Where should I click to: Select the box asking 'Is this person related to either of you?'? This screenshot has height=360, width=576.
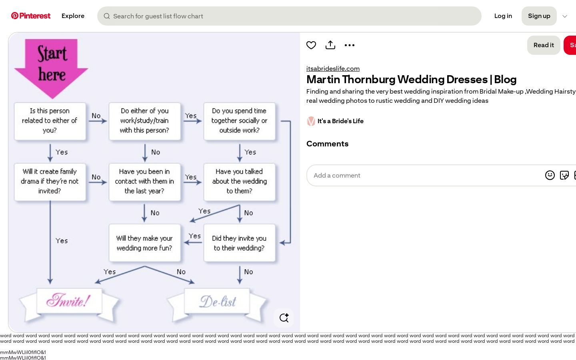click(x=50, y=121)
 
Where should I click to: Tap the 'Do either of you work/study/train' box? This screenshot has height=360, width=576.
click(x=144, y=121)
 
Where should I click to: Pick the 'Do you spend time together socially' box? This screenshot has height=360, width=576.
click(x=239, y=121)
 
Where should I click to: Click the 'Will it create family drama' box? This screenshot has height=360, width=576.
click(x=50, y=182)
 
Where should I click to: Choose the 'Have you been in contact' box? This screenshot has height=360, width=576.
click(x=144, y=182)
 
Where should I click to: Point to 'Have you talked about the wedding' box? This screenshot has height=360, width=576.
click(x=239, y=182)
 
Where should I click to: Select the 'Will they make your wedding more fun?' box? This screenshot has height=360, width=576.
click(x=144, y=243)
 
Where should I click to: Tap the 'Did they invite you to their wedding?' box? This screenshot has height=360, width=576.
click(x=239, y=243)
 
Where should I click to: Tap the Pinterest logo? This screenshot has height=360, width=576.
click(x=30, y=16)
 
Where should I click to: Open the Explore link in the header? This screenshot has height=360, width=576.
click(x=73, y=16)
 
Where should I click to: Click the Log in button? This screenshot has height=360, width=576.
click(x=503, y=16)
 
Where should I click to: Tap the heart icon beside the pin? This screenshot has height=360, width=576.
click(x=311, y=45)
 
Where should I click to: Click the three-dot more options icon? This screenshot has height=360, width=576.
click(x=350, y=45)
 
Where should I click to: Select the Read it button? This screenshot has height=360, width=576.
click(x=544, y=45)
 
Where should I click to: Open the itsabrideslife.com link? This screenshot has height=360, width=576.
click(x=333, y=68)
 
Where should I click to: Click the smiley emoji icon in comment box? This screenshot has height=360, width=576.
click(x=550, y=175)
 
